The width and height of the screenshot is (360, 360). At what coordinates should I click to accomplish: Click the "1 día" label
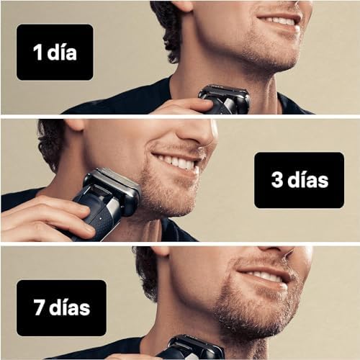coord(55,52)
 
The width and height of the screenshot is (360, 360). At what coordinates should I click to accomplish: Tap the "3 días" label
coord(299,180)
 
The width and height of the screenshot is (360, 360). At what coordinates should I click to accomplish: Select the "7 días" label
coord(61,308)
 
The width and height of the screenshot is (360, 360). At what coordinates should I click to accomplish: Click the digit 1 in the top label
coord(37,53)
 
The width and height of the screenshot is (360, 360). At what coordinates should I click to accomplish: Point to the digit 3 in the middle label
coord(277,180)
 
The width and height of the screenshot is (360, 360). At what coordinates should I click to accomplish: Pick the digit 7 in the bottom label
coord(40,307)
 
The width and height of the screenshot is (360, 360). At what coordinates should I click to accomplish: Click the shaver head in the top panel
coord(224,96)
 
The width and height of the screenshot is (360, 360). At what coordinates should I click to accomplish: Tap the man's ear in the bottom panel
coord(160,251)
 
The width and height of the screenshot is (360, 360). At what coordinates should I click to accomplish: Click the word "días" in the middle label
coord(307,180)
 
